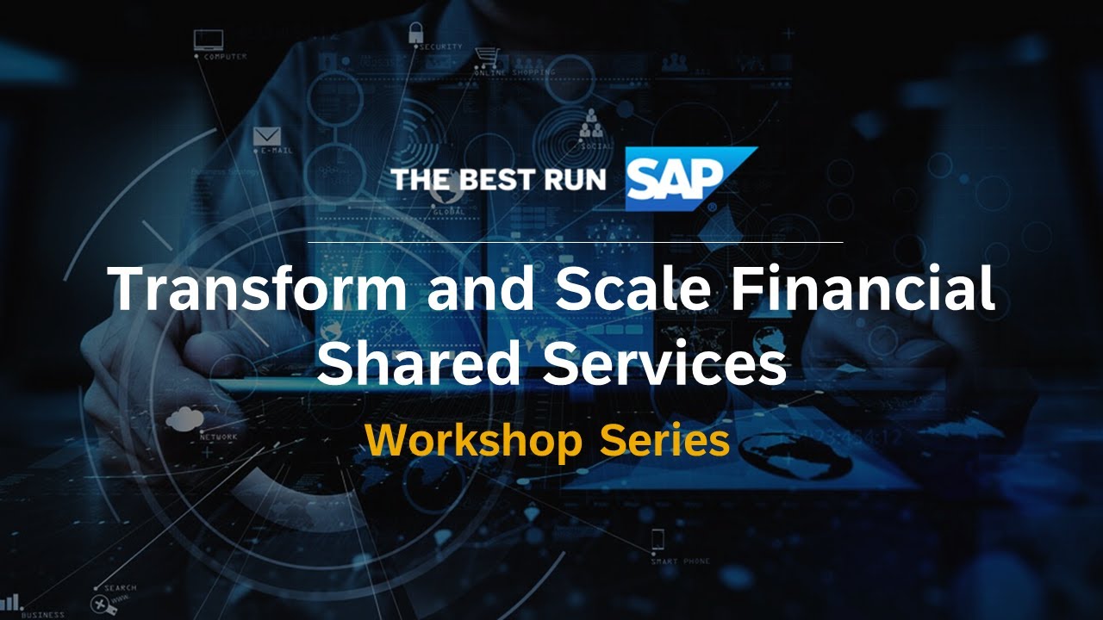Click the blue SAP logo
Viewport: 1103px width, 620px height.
pyautogui.click(x=676, y=179)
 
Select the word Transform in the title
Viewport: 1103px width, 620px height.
pyautogui.click(x=259, y=289)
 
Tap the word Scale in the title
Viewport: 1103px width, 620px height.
pyautogui.click(x=633, y=289)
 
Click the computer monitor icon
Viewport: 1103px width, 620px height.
pyautogui.click(x=209, y=40)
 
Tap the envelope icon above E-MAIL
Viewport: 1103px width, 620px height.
pyautogui.click(x=268, y=136)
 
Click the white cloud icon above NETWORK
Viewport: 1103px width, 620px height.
pyautogui.click(x=184, y=419)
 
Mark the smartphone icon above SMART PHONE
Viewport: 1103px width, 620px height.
pyautogui.click(x=657, y=540)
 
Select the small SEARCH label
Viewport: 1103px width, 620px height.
pyautogui.click(x=120, y=588)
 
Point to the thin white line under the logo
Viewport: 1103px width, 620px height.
pyautogui.click(x=575, y=242)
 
